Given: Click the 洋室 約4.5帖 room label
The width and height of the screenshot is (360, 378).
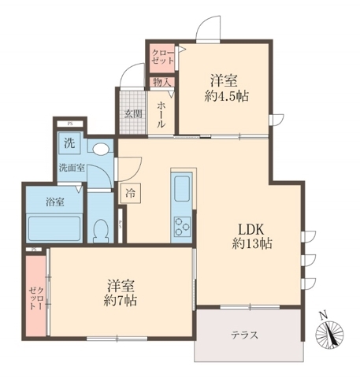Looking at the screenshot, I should pos(225,88).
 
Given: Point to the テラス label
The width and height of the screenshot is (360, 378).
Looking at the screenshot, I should pos(244,335).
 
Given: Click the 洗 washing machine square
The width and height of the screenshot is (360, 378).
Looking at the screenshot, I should pos(69,144).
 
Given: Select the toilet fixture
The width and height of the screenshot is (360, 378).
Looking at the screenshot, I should pos(100,230).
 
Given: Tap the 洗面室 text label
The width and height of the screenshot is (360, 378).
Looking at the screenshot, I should pos(71,168).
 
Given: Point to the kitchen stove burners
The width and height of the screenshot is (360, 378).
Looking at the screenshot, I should pos(182,224).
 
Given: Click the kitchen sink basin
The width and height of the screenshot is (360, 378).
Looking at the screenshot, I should pos(182,190).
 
